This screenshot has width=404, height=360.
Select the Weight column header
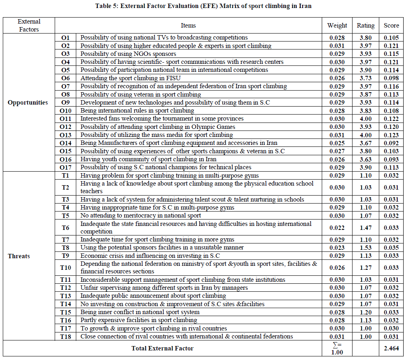tap(337, 25)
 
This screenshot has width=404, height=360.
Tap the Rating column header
tap(365, 25)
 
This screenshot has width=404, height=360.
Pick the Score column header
tap(391, 25)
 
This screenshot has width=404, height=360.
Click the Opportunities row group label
tap(28, 103)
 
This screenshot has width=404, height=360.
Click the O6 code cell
tap(65, 78)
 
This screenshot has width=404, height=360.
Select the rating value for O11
tap(365, 119)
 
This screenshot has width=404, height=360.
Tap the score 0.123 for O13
tap(391, 135)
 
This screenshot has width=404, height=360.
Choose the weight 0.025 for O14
tap(337, 143)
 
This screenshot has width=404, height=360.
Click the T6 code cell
tap(65, 227)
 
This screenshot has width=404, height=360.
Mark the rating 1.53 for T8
tap(365, 247)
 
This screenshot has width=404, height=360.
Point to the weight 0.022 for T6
tap(337, 227)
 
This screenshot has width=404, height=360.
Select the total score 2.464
tap(391, 348)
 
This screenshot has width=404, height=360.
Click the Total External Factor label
tap(162, 348)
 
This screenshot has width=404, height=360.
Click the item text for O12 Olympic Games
tap(158, 127)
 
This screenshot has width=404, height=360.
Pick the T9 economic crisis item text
tap(150, 256)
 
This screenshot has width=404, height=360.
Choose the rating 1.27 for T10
tap(365, 268)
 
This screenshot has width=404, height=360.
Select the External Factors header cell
tap(29, 25)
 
